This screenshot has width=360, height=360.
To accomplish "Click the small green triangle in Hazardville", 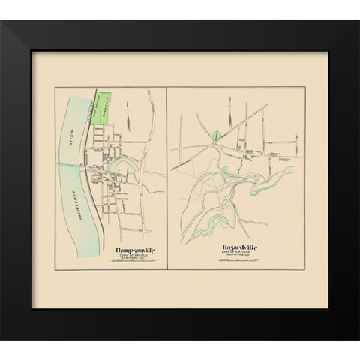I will click(217, 136).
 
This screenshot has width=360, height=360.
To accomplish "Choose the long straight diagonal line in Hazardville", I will click(225, 132).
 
